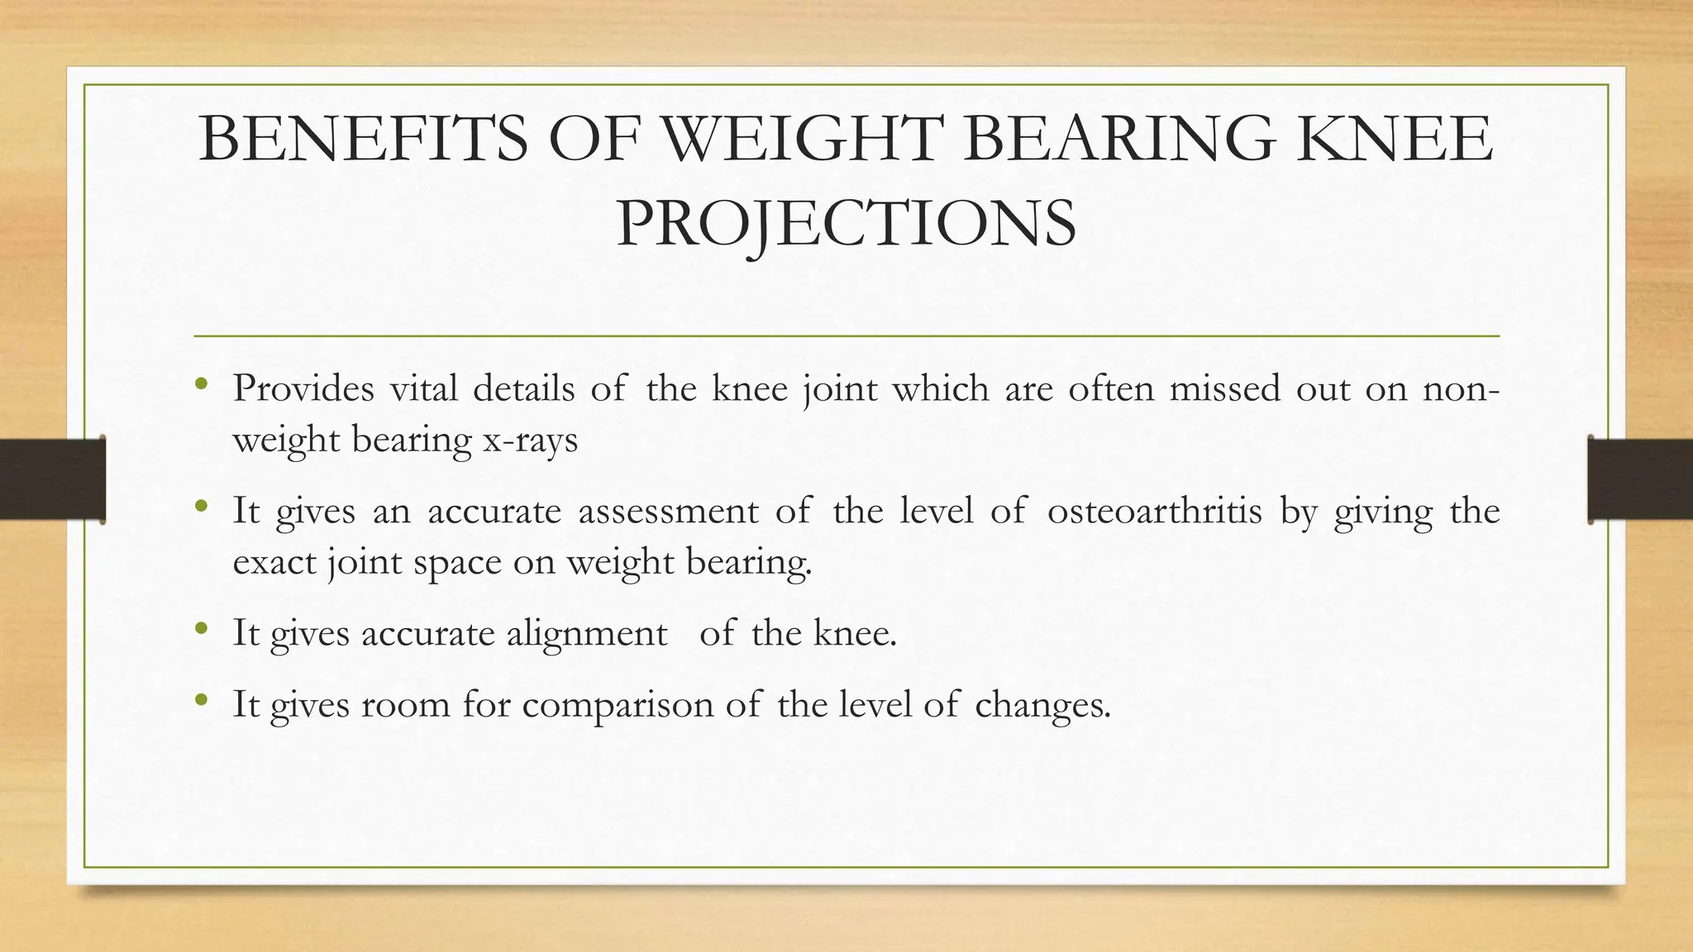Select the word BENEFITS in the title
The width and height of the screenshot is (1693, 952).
363,139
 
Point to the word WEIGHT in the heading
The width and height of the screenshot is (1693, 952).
802,139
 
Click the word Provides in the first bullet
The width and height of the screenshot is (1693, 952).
303,388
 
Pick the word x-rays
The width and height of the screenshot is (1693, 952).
530,440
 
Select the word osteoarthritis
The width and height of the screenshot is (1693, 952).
1154,511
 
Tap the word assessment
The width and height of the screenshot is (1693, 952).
668,511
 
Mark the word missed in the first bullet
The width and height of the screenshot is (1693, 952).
1224,388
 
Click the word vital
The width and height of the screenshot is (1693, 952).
423,388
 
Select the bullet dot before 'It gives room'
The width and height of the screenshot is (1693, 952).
201,701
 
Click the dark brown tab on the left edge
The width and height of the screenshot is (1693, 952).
52,479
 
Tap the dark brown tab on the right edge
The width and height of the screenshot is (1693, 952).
1640,479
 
